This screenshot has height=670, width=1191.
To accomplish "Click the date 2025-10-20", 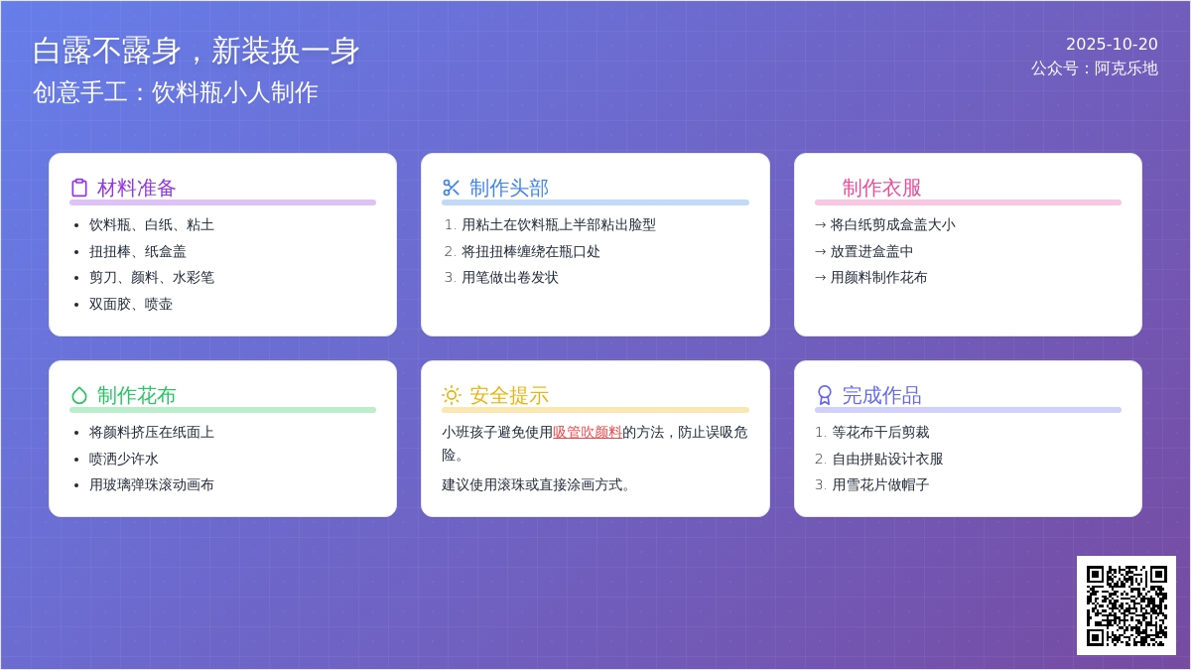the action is (x=1112, y=44).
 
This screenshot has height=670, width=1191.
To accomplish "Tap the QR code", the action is (x=1126, y=605).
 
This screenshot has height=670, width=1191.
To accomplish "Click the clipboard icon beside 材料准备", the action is (x=79, y=188).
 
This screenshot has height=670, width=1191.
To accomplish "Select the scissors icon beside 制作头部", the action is (x=451, y=188).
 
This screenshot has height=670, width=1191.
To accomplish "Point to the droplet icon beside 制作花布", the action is (x=79, y=395).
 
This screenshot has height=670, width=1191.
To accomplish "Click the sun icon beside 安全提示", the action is (x=451, y=395).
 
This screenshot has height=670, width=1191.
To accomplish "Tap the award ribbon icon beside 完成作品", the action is (x=824, y=395).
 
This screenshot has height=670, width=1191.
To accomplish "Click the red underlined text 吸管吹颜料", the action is (x=588, y=433).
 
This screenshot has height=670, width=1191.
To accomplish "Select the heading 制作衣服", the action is (x=881, y=188).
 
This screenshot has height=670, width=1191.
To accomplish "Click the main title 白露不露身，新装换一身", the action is (x=197, y=51).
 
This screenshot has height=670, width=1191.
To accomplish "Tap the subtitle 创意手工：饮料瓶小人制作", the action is (x=176, y=92).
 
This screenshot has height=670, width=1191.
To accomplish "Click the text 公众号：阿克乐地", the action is (x=1094, y=68).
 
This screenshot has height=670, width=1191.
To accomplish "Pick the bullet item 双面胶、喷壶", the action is (x=131, y=304).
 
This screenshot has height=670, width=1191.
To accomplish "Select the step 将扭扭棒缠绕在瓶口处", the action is (x=531, y=251).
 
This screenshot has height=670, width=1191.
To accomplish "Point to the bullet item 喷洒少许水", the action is (x=124, y=459).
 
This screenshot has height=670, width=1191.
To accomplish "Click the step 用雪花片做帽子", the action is (x=880, y=485).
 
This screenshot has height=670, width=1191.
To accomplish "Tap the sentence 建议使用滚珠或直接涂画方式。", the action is (x=536, y=485).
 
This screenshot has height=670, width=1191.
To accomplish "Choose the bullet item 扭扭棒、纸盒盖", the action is (x=138, y=251).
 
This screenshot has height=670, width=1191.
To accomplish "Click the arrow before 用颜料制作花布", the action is (x=821, y=278).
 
